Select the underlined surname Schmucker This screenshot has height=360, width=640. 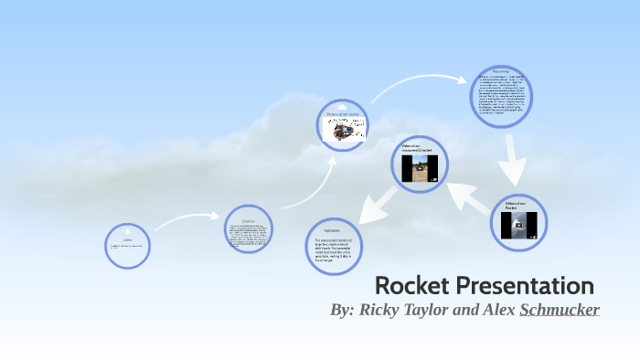[x=560, y=310]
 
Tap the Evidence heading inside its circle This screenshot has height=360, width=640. [x=249, y=221]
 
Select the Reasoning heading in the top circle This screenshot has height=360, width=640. [x=500, y=69]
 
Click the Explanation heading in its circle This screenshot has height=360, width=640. [x=332, y=230]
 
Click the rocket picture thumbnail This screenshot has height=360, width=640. [x=346, y=132]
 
